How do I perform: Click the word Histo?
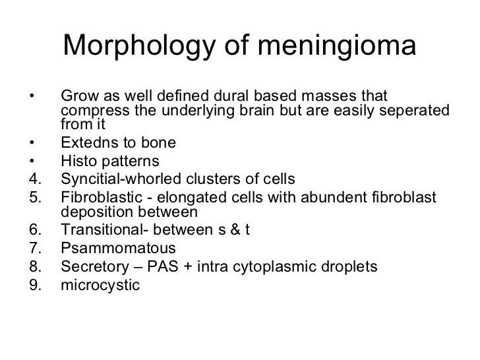click(79, 161)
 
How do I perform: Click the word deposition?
click(94, 212)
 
